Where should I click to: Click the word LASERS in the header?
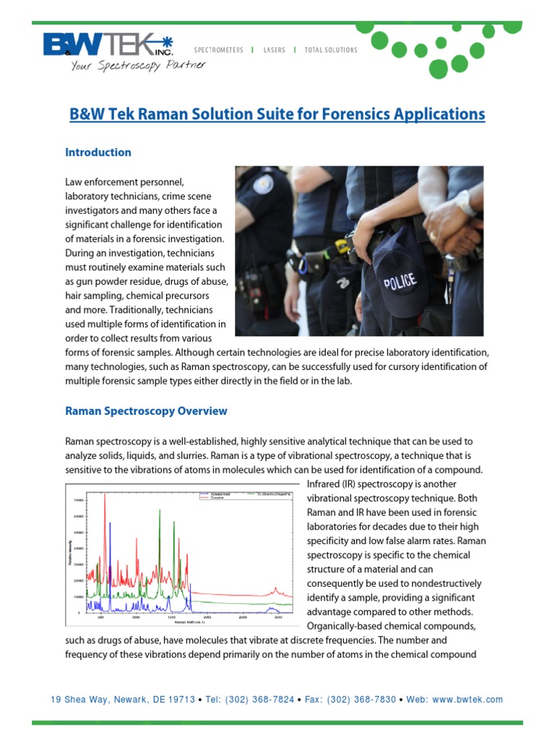pyautogui.click(x=274, y=50)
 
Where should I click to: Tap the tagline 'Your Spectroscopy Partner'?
pyautogui.click(x=138, y=65)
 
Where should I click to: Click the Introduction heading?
pyautogui.click(x=98, y=152)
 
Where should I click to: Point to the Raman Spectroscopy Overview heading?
pyautogui.click(x=146, y=411)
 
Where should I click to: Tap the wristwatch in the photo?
pyautogui.click(x=466, y=203)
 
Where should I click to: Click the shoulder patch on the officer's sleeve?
pyautogui.click(x=264, y=182)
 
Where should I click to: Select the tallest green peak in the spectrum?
pyautogui.click(x=159, y=509)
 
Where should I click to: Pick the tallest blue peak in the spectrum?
pyautogui.click(x=111, y=524)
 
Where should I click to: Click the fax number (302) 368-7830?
pyautogui.click(x=361, y=700)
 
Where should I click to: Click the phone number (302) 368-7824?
pyautogui.click(x=259, y=700)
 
